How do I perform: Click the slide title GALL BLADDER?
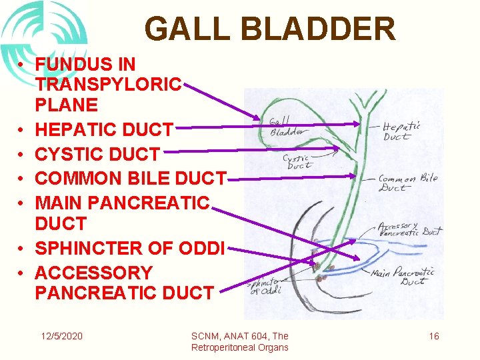coord(269,29)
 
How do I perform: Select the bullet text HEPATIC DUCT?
coord(104,130)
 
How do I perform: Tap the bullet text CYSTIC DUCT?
coord(97,154)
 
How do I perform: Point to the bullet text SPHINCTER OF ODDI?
coord(131,248)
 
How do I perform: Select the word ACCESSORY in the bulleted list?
coord(93,273)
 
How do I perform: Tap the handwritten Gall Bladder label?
coord(285,127)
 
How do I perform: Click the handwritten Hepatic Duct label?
coord(401,131)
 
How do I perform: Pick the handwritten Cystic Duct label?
coord(298,162)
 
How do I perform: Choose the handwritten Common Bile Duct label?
coord(407,183)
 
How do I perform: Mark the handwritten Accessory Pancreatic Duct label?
coord(409,230)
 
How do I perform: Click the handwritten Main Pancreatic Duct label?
coord(403,276)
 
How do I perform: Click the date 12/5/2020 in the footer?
coord(61,336)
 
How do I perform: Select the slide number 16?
coord(433,336)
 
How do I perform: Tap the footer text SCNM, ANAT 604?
coord(239,336)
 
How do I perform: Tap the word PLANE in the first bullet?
coord(66,105)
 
